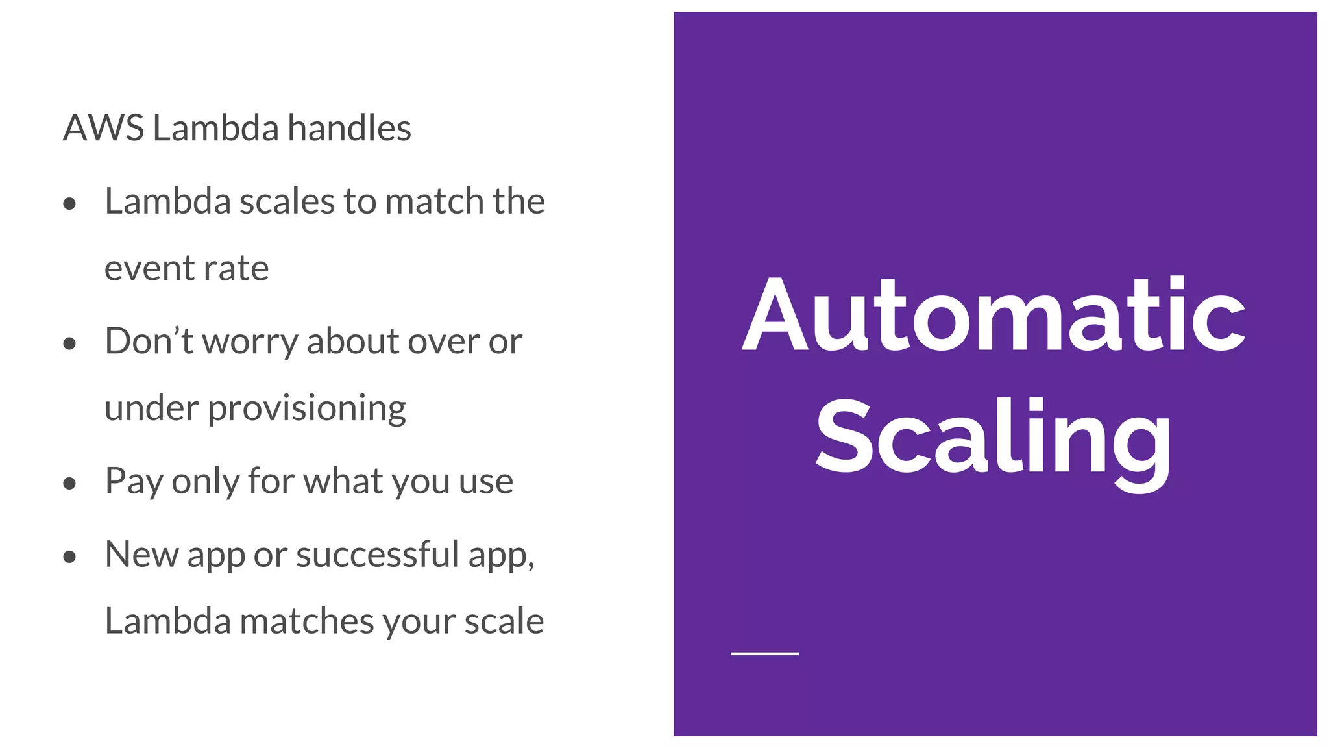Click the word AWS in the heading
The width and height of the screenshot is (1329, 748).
[103, 128]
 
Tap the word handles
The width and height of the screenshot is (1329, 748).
[349, 128]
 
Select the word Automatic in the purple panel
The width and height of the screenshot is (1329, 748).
[994, 315]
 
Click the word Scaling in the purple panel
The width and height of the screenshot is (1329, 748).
[994, 438]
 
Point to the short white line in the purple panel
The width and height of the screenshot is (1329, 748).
[764, 653]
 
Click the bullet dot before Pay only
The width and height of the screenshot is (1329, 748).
[70, 483]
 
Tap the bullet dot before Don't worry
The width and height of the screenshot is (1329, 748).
[70, 343]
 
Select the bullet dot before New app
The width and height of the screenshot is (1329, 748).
[70, 556]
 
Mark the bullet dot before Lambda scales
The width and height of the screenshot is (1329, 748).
[70, 204]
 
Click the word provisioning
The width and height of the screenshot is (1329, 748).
[307, 410]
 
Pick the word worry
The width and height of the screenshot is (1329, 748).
[250, 342]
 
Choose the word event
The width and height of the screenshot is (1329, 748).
[140, 269]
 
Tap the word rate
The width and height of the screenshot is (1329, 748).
[237, 269]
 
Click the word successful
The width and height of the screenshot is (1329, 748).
[378, 555]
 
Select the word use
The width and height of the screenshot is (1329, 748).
[486, 482]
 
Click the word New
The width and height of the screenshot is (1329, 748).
[141, 555]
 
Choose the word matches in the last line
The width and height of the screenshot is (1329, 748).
[308, 621]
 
